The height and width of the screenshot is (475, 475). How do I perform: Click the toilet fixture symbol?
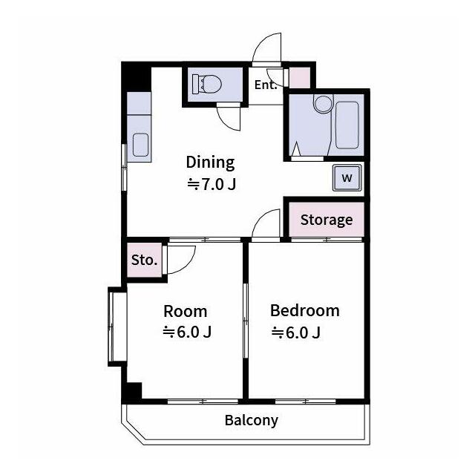point(207,84)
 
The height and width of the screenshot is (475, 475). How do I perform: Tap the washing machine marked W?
point(347,178)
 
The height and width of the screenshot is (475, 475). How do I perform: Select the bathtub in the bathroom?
point(347,125)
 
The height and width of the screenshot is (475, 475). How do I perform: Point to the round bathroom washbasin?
point(324,104)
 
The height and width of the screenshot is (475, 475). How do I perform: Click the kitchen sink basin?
point(141,145)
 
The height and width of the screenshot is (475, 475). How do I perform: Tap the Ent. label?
point(266,85)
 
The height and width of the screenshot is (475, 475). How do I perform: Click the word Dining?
point(210,163)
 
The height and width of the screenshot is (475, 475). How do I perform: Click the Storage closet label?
point(327,220)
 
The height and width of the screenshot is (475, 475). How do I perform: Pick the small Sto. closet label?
point(144,260)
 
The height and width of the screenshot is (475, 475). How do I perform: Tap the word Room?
point(186,312)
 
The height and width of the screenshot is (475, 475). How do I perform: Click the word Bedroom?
point(305,311)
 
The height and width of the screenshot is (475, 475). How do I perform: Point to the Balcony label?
point(252,421)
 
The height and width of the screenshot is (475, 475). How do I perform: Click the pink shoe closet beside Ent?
point(300,77)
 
